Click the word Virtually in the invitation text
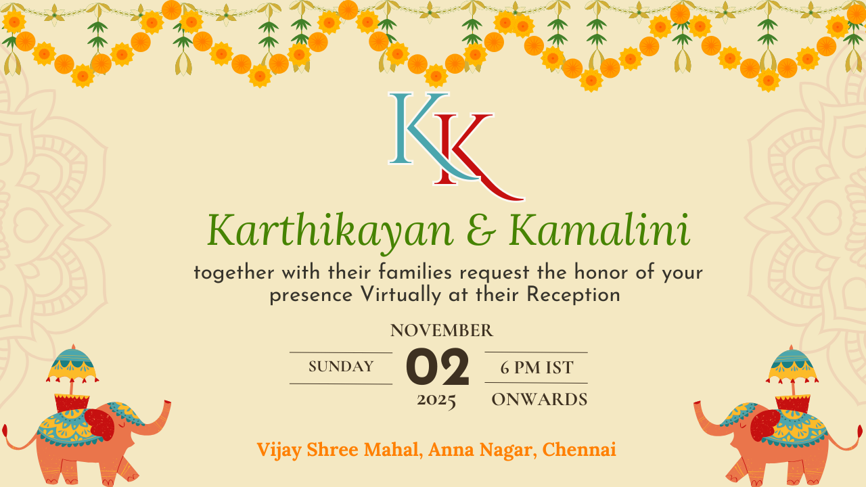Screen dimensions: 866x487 (x=401, y=296)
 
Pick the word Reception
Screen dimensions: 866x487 (x=573, y=296)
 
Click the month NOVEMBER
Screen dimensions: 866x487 (x=442, y=331)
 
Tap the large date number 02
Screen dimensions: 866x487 (x=437, y=367)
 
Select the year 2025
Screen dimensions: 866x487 (x=436, y=400)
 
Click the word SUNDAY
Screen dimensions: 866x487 (x=341, y=367)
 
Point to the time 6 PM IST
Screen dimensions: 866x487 (x=537, y=367)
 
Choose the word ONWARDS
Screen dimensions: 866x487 (x=539, y=400)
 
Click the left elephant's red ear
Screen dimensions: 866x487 (x=99, y=425)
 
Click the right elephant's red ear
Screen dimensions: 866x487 (x=765, y=425)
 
